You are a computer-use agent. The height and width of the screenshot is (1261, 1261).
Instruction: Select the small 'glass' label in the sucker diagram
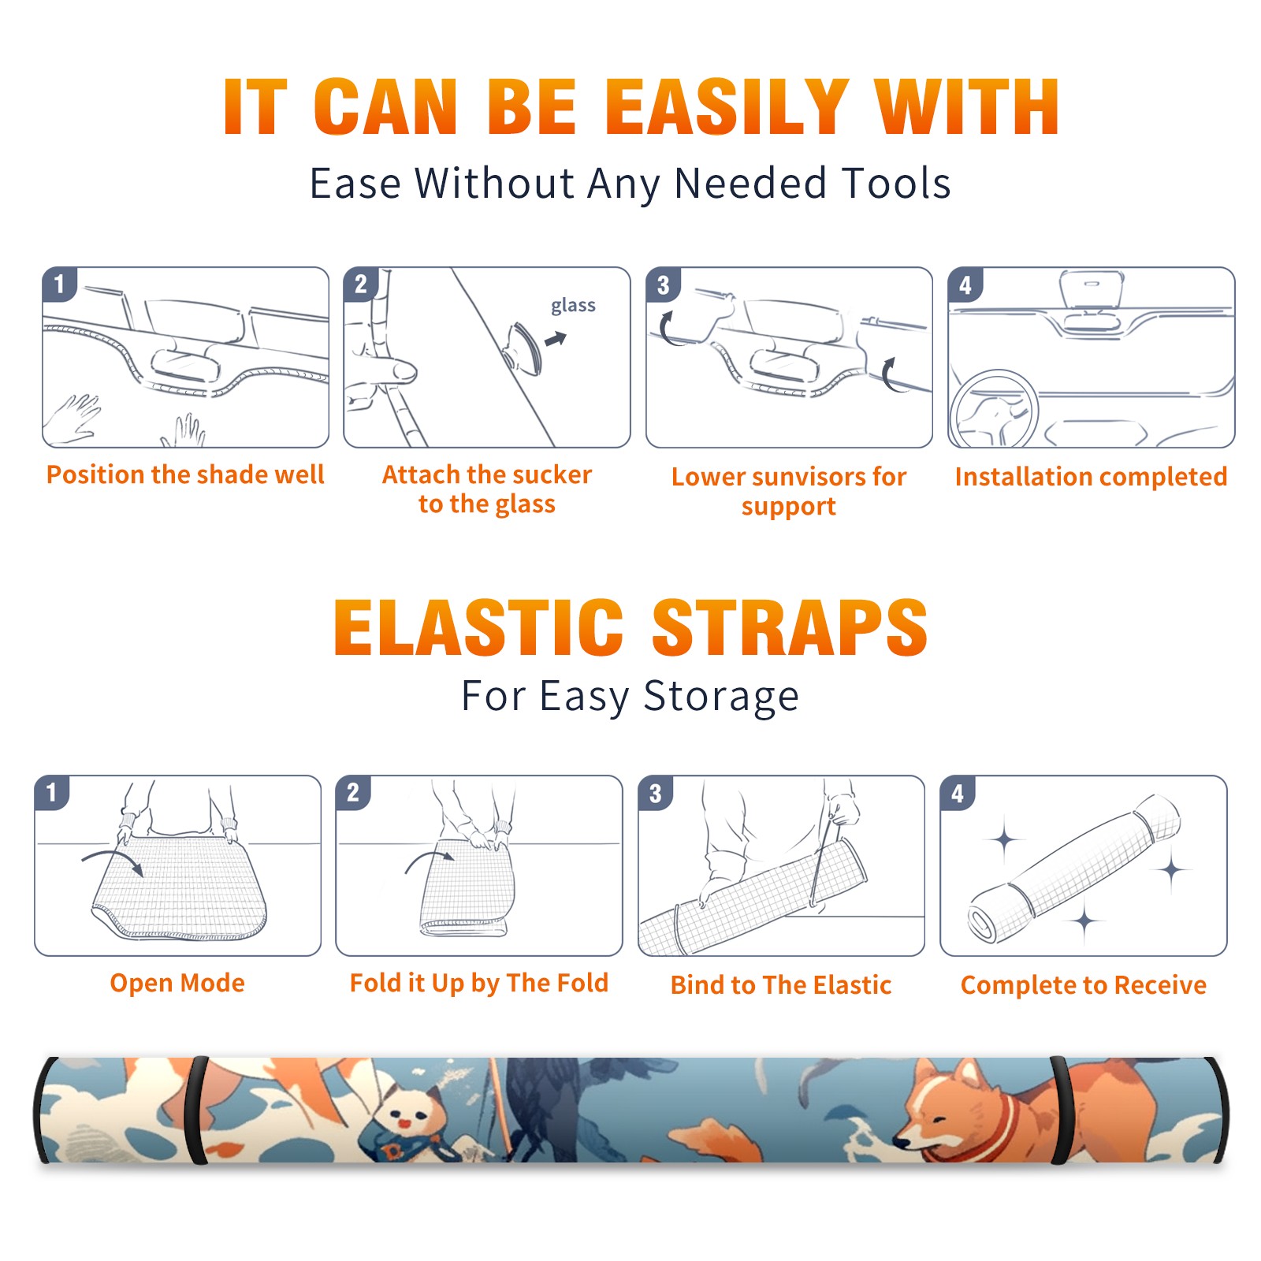click(573, 306)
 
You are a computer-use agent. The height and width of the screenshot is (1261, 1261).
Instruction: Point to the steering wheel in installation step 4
click(994, 409)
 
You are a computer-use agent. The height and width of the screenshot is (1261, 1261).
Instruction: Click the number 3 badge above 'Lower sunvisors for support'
click(664, 285)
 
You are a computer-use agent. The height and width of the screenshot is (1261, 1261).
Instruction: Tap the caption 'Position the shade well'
click(185, 474)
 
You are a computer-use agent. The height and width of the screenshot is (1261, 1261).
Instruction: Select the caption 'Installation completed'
click(1091, 477)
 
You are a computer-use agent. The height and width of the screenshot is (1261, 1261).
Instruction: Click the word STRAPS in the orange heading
click(790, 627)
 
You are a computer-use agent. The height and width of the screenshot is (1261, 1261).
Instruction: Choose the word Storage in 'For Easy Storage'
click(721, 697)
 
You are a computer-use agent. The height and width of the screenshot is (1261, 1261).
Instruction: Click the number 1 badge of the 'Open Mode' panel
click(52, 792)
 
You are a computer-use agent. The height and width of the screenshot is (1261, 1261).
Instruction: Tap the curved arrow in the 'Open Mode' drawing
click(113, 859)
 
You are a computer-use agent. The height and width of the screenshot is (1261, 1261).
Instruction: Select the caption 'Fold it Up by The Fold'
click(479, 983)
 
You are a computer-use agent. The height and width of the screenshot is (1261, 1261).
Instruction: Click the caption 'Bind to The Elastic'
click(781, 985)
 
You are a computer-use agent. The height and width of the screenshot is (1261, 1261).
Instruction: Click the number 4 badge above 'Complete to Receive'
click(958, 792)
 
